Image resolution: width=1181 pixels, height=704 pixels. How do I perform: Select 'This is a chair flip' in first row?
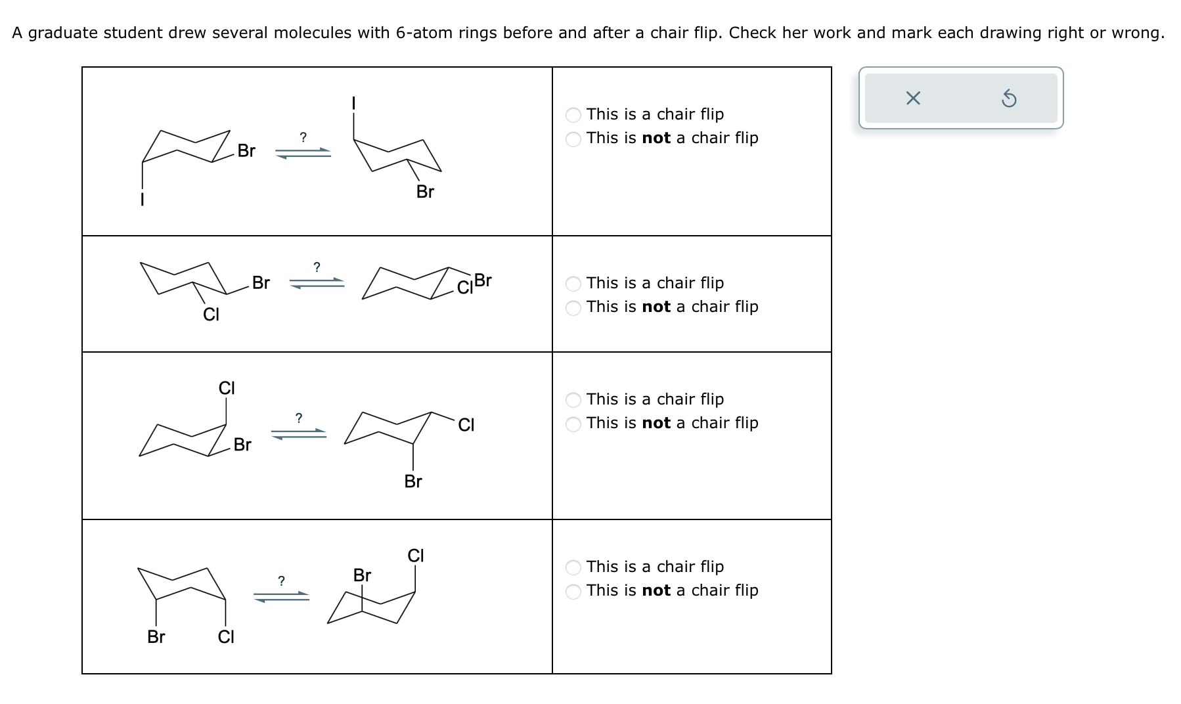pos(573,115)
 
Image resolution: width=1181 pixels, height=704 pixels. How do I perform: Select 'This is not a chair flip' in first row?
pos(573,139)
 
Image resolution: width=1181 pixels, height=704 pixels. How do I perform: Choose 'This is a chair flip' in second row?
pos(573,284)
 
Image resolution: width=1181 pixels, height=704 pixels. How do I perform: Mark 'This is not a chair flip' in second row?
pos(573,307)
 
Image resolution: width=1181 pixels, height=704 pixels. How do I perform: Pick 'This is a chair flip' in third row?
pos(573,400)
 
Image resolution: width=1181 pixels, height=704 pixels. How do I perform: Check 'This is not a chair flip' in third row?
pos(573,424)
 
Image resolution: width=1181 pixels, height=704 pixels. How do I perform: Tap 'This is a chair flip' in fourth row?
pos(573,567)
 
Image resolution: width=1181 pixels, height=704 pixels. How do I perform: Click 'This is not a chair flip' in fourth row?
pos(573,591)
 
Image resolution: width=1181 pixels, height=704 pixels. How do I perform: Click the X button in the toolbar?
pos(912,99)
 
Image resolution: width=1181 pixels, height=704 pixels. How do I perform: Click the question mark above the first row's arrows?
pos(303,137)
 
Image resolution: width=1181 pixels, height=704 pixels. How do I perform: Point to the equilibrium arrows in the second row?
pos(317,283)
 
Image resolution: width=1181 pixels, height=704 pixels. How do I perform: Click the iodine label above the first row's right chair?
pos(353,103)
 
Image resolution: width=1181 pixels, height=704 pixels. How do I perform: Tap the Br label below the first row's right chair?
pos(425,192)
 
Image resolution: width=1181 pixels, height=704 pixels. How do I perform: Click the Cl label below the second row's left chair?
pos(211,315)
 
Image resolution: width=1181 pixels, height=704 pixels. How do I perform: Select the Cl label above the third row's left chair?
pos(227,388)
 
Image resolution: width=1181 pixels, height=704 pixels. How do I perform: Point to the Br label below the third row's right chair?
pos(413,482)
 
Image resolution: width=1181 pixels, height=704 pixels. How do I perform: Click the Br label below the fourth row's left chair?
pos(156,637)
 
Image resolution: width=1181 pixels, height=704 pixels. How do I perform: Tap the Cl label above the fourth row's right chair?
pos(416,556)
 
